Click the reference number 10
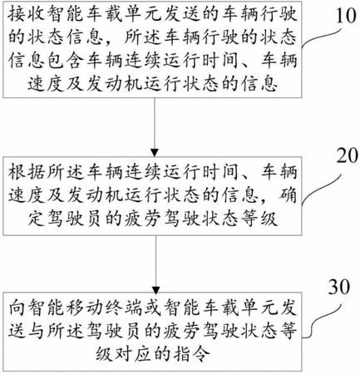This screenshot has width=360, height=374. (345, 15)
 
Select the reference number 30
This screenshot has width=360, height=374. (339, 287)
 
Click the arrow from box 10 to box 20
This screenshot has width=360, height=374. (155, 127)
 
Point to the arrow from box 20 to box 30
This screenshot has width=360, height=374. (155, 265)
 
